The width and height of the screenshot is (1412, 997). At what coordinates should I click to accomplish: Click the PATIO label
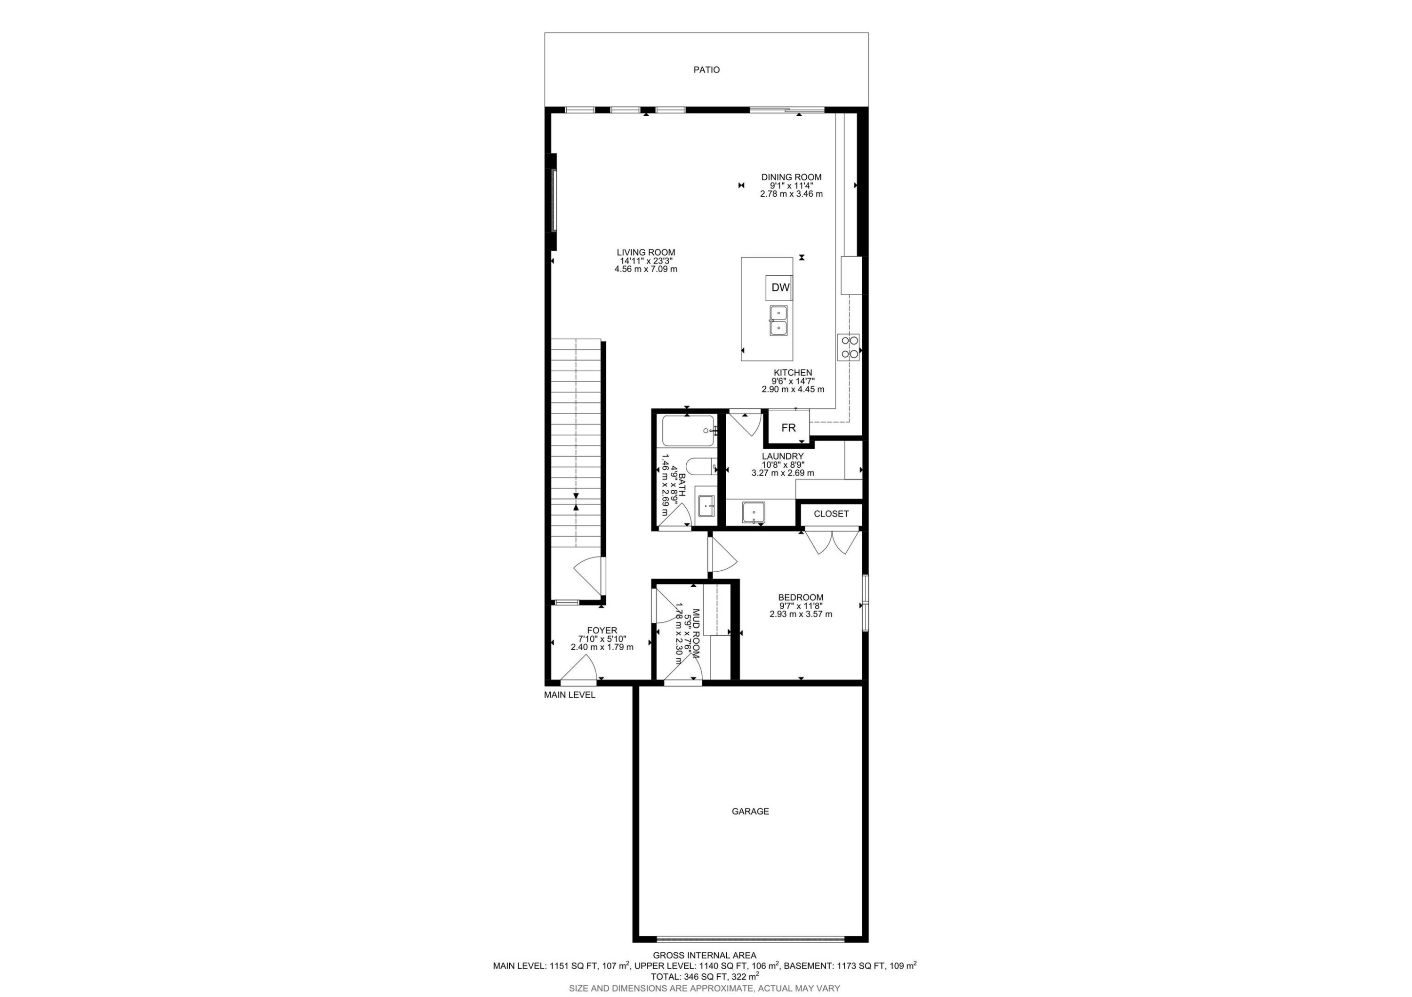[x=706, y=70]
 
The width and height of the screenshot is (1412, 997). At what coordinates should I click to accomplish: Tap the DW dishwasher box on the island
[x=780, y=287]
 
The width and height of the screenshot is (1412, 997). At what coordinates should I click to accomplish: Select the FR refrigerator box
[x=788, y=428]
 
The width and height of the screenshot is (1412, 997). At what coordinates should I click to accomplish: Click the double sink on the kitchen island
[x=778, y=321]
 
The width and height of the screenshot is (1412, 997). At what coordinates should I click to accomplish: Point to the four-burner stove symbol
[x=849, y=347]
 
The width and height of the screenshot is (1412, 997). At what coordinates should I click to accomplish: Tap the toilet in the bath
[x=699, y=468]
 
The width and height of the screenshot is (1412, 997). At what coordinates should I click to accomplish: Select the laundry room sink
[x=754, y=511]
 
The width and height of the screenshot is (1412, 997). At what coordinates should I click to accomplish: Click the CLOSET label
[x=831, y=514]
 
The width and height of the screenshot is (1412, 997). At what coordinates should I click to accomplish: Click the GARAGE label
[x=750, y=811]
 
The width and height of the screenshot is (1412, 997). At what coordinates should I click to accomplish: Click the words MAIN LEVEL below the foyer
[x=570, y=695]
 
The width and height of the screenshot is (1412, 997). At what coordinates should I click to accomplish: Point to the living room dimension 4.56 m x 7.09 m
[x=646, y=269]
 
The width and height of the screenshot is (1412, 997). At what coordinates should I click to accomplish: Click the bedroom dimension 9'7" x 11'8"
[x=801, y=606]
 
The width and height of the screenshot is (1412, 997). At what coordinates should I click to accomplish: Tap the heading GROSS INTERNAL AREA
[x=704, y=955]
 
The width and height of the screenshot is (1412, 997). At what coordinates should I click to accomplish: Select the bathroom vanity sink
[x=706, y=507]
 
